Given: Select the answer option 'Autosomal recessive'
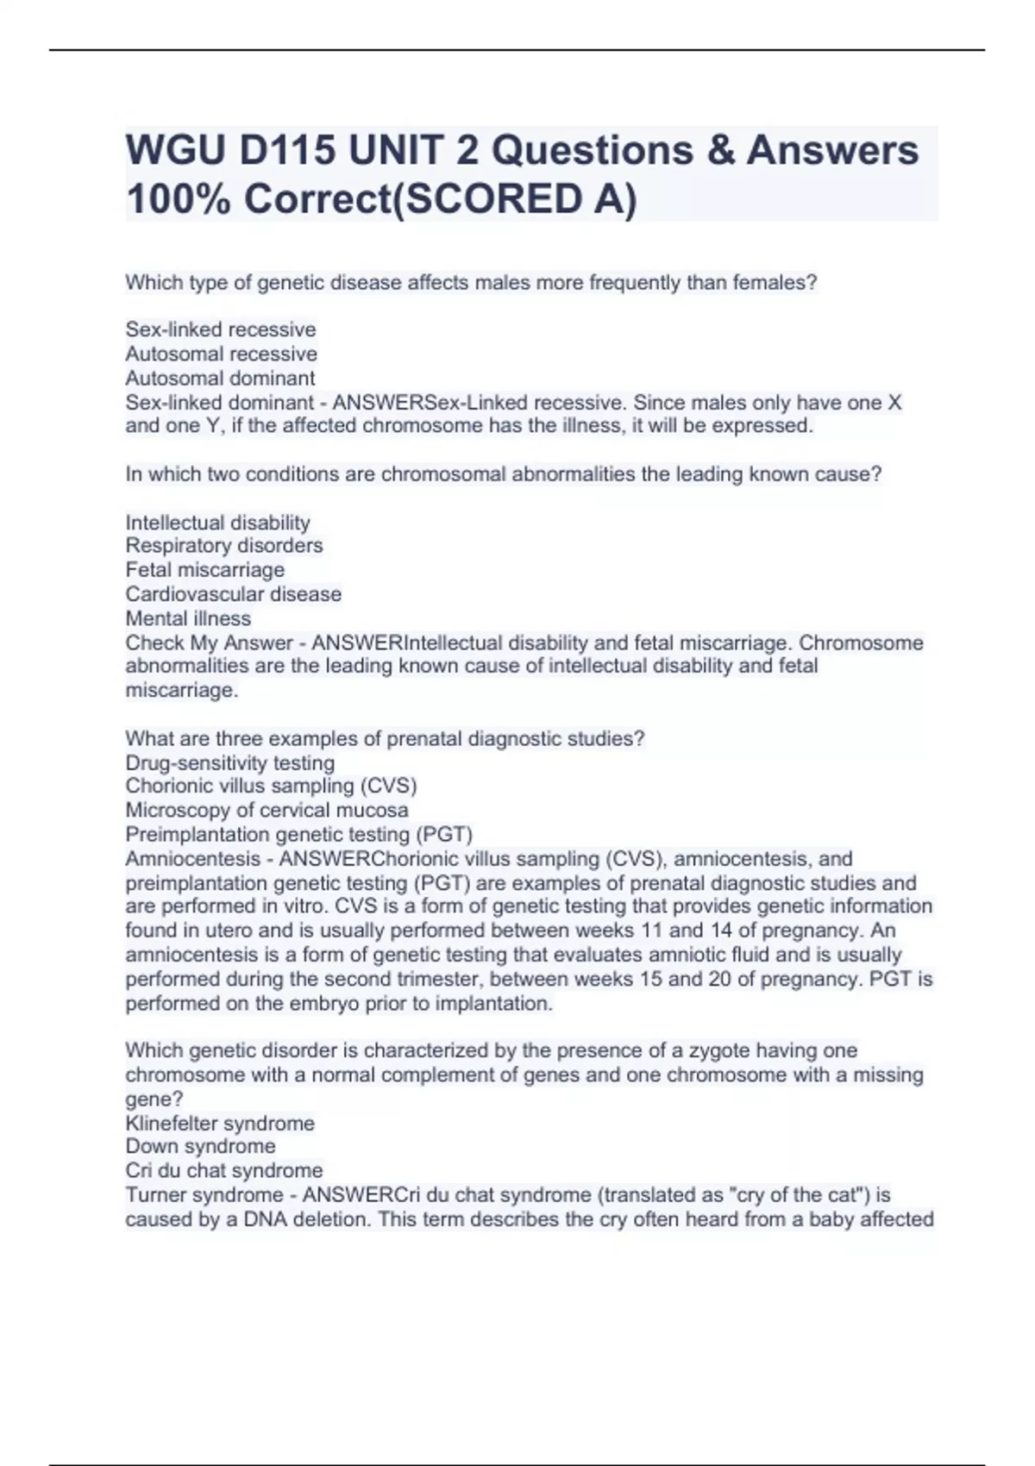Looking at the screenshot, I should click(x=221, y=354).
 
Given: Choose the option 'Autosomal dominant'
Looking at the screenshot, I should click(x=220, y=378).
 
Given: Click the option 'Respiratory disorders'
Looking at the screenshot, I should click(x=224, y=545).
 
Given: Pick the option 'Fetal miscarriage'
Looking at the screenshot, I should click(x=204, y=569).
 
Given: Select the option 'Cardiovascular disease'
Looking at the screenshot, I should click(x=233, y=594).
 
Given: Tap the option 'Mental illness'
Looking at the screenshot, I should click(x=188, y=618).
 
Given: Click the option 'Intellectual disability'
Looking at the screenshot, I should click(x=217, y=523).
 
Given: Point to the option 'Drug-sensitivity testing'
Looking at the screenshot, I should click(x=229, y=763).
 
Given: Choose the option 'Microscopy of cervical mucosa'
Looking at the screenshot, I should click(x=267, y=810).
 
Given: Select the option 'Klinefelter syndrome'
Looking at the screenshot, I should click(x=220, y=1124).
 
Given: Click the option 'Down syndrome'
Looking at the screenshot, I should click(x=200, y=1146).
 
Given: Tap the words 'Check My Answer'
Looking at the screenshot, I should click(x=209, y=642).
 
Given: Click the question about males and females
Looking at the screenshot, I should click(x=471, y=283).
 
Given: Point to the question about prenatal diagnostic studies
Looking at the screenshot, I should click(x=385, y=739).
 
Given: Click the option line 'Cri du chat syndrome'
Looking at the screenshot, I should click(x=224, y=1170).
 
